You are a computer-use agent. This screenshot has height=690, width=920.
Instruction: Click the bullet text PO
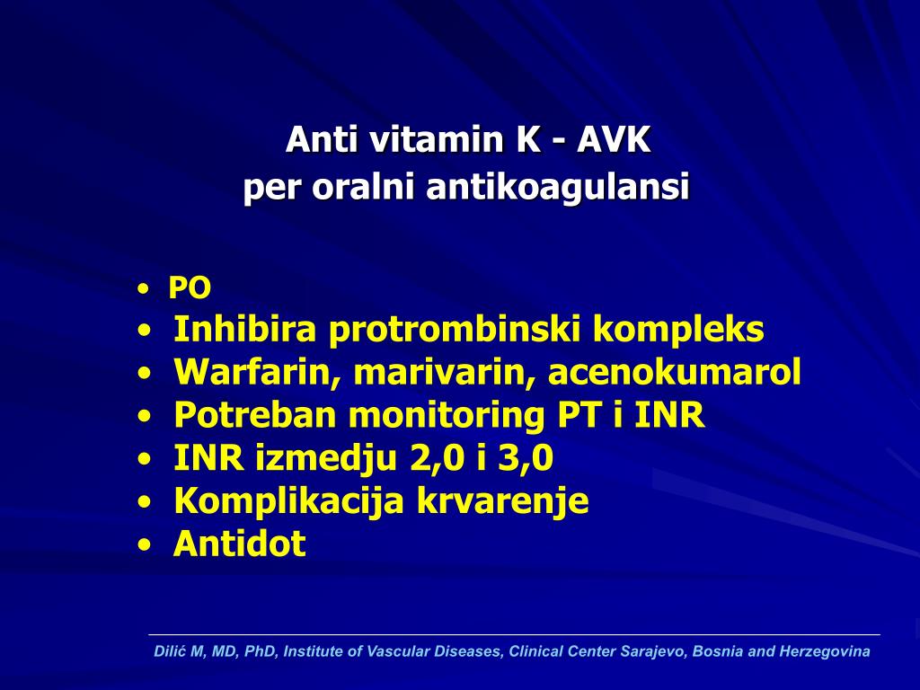pos(190,288)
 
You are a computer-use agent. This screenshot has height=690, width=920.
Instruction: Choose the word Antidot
pos(239,544)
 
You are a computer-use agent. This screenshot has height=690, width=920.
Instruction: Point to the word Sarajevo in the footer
pos(650,651)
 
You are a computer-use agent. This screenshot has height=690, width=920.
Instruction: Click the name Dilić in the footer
pos(170,651)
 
